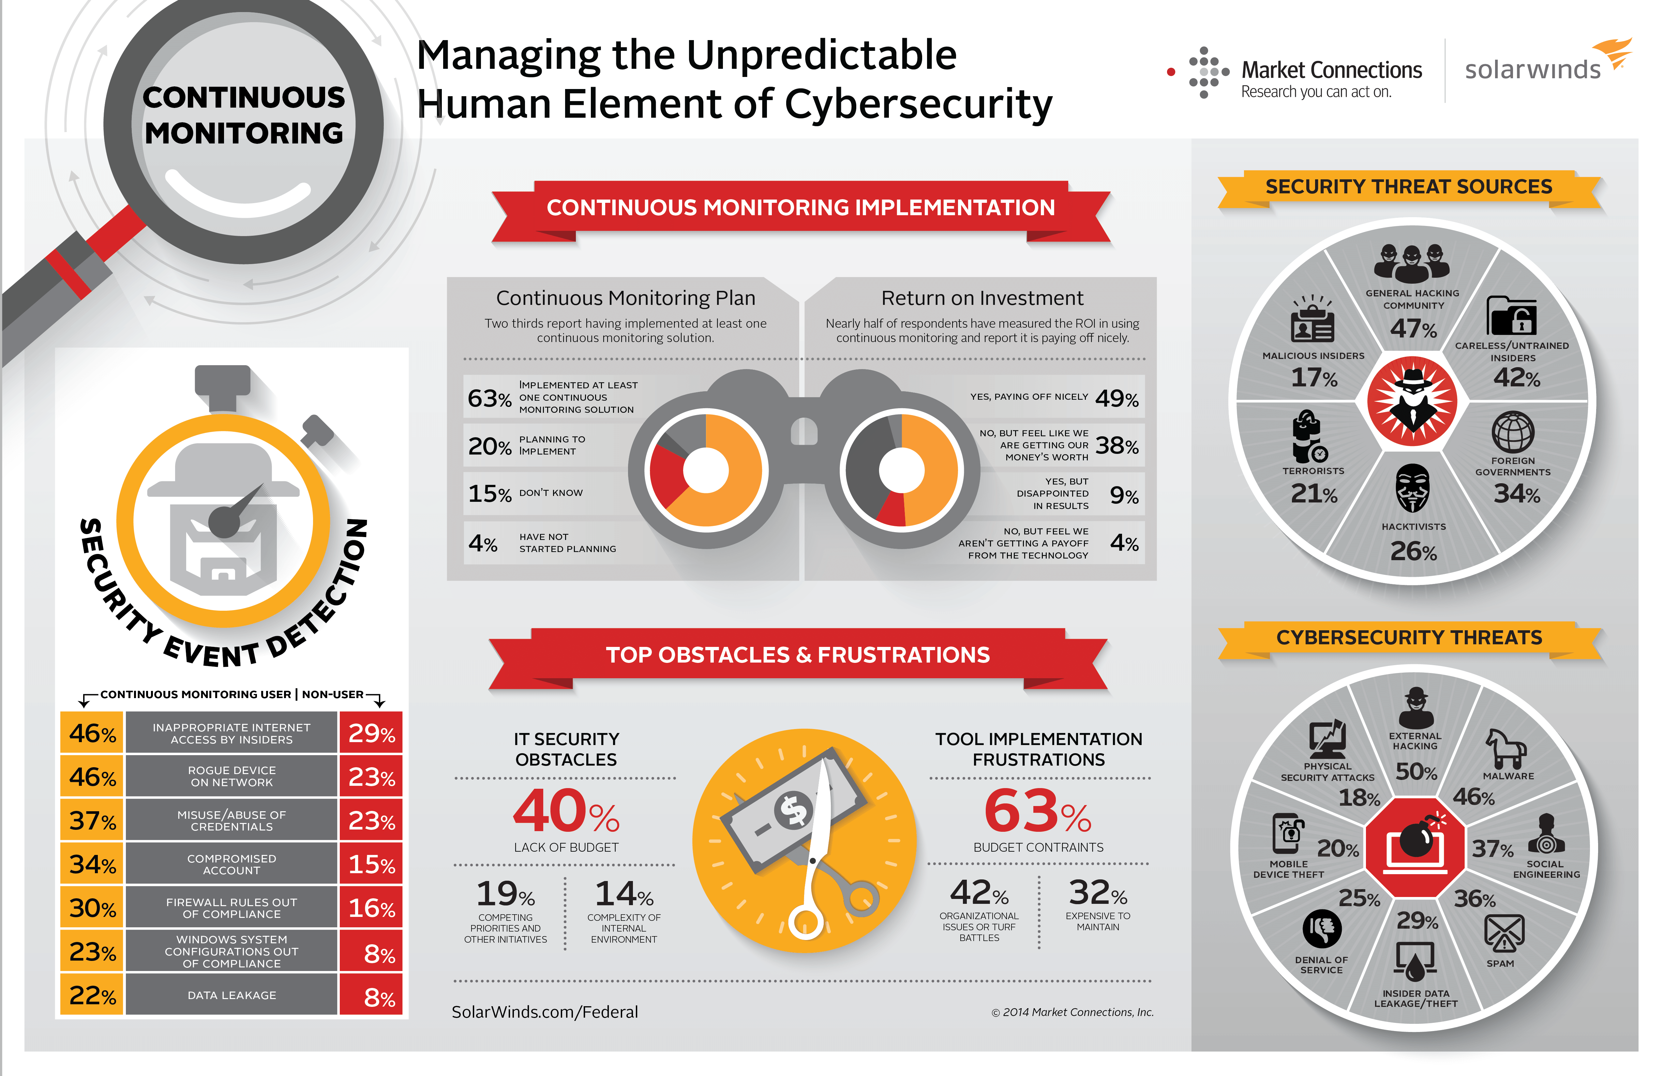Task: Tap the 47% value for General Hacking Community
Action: point(1413,328)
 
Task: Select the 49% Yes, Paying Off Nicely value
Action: point(1116,398)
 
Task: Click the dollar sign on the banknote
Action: point(794,811)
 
